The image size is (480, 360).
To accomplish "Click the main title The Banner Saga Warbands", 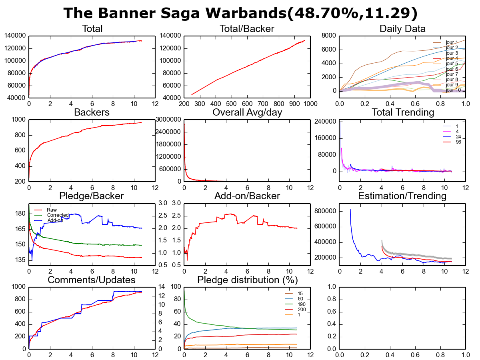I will click(240, 13).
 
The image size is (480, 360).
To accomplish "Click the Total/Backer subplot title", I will click(247, 29).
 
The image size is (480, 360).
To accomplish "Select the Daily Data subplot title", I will click(402, 29).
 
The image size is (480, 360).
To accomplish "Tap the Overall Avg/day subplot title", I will click(247, 112).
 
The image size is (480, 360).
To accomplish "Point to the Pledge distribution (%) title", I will click(246, 280).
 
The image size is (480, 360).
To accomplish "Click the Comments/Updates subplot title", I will click(92, 280).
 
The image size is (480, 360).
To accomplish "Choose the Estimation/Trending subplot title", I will click(402, 196).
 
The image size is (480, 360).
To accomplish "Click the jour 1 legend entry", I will click(451, 42).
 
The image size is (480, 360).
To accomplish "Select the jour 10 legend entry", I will click(452, 90).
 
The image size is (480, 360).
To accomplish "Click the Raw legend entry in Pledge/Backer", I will click(52, 210).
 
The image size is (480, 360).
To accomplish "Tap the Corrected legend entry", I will click(58, 215).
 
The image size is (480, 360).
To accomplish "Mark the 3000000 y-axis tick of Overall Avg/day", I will click(169, 120).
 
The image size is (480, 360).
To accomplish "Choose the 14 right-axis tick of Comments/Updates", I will click(162, 286).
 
